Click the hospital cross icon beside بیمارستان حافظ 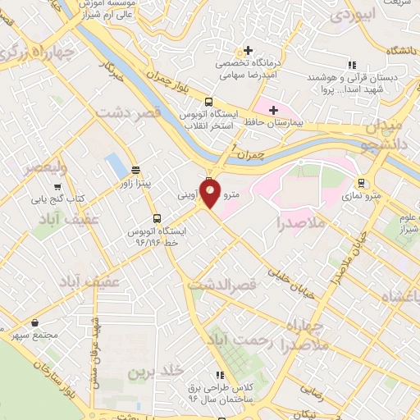coord(273,109)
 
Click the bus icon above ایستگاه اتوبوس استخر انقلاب coord(208,102)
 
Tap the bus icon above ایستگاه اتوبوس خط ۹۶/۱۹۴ coord(157,218)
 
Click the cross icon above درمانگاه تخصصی coord(248,50)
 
